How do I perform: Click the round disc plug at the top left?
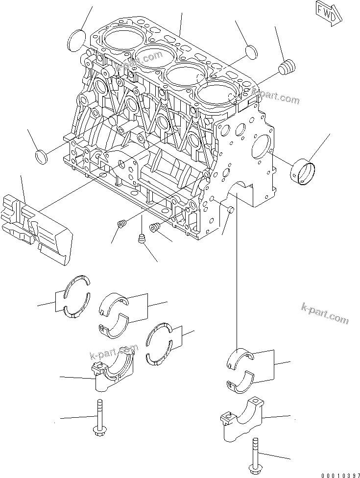[76, 41]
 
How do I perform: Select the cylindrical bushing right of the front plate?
[303, 173]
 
